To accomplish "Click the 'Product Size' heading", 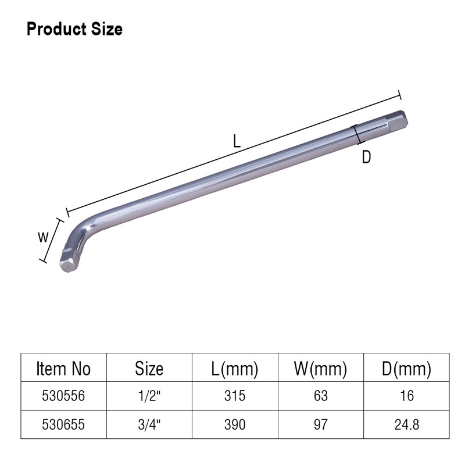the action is point(74,30).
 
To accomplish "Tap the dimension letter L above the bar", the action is point(237,141).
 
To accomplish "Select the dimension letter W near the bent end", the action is point(43,237).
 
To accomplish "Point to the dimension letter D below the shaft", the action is point(366,157).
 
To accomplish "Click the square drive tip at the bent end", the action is point(69,261).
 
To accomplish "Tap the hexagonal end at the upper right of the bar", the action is point(398,120).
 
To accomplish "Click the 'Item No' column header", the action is point(63,369).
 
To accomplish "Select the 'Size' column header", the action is point(149,369).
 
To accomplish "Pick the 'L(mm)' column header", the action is point(235,369).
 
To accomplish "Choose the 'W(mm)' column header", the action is point(320,369).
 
